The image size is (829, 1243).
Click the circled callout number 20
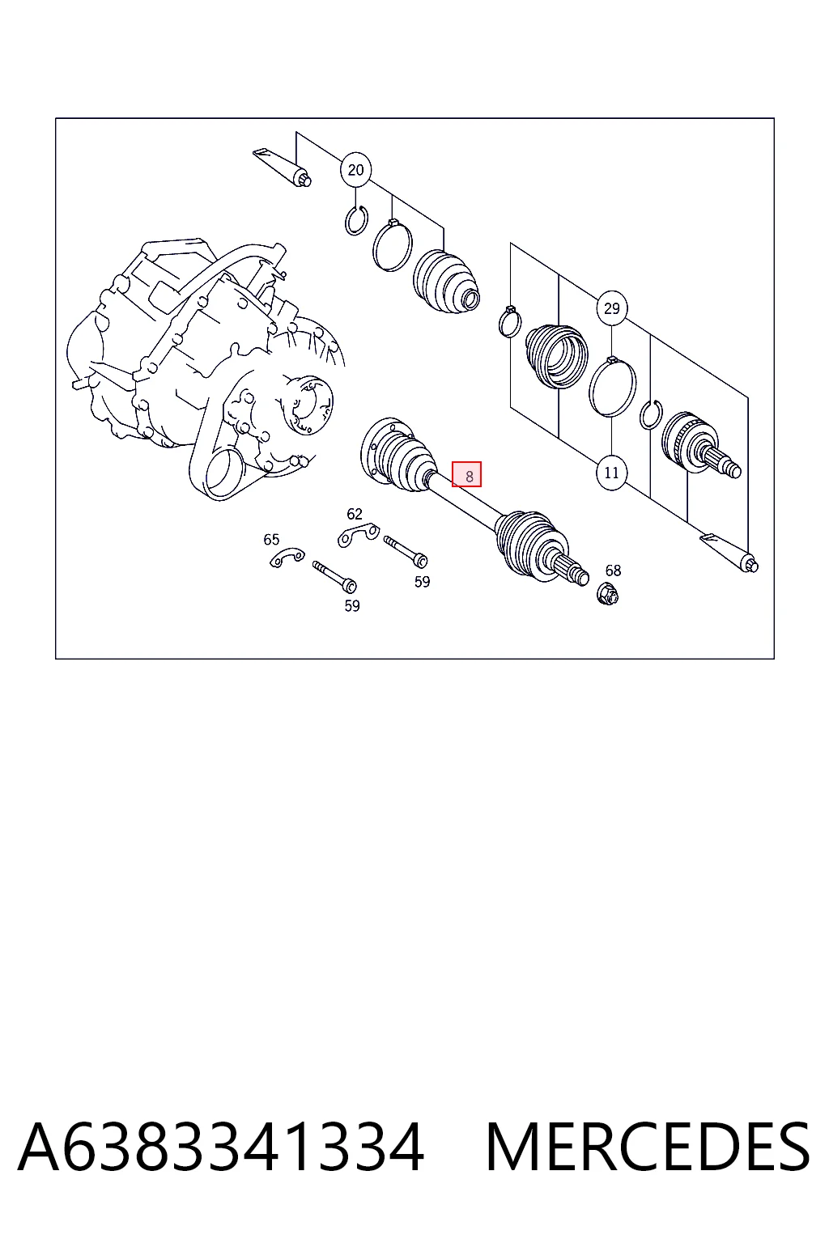tap(355, 170)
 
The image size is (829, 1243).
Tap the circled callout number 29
tap(611, 308)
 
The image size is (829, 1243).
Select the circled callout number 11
tap(611, 473)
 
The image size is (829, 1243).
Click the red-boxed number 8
tap(466, 474)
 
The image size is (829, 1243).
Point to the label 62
tap(355, 515)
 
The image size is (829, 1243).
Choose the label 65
tap(271, 540)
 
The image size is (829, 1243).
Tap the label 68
tap(613, 571)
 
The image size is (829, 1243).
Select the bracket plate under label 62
tap(358, 535)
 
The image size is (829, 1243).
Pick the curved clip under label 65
tap(287, 558)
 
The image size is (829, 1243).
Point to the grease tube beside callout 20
tap(282, 167)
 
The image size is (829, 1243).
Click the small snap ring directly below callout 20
tap(356, 221)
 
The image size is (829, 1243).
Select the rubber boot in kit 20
tap(446, 283)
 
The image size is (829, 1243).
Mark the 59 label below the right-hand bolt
tap(422, 582)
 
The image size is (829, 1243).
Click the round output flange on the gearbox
tap(308, 405)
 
